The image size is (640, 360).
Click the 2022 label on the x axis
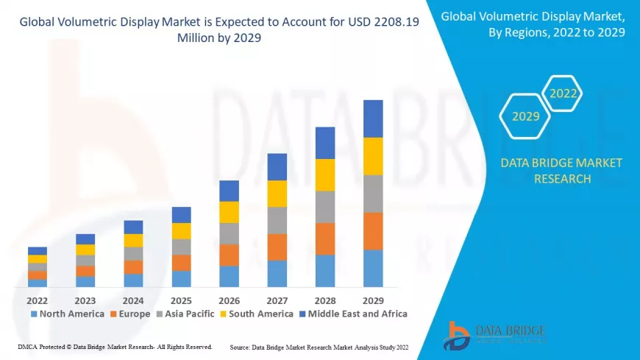(x=37, y=300)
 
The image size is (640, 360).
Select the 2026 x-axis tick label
(x=229, y=300)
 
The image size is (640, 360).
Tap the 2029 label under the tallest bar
(x=373, y=300)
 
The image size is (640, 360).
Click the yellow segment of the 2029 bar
(x=373, y=156)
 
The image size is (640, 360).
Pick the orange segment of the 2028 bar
(x=325, y=239)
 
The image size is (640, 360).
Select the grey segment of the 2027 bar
(x=277, y=220)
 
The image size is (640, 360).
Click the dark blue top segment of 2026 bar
(x=229, y=191)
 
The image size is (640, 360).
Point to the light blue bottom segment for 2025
(x=181, y=278)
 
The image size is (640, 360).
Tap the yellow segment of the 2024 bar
(x=133, y=240)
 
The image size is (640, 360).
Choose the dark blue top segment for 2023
(x=85, y=239)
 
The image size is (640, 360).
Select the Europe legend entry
(x=130, y=314)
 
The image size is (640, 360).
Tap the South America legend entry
(x=258, y=314)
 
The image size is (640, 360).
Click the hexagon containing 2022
(x=563, y=94)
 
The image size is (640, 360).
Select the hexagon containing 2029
(x=525, y=116)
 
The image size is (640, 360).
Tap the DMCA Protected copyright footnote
(x=114, y=346)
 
